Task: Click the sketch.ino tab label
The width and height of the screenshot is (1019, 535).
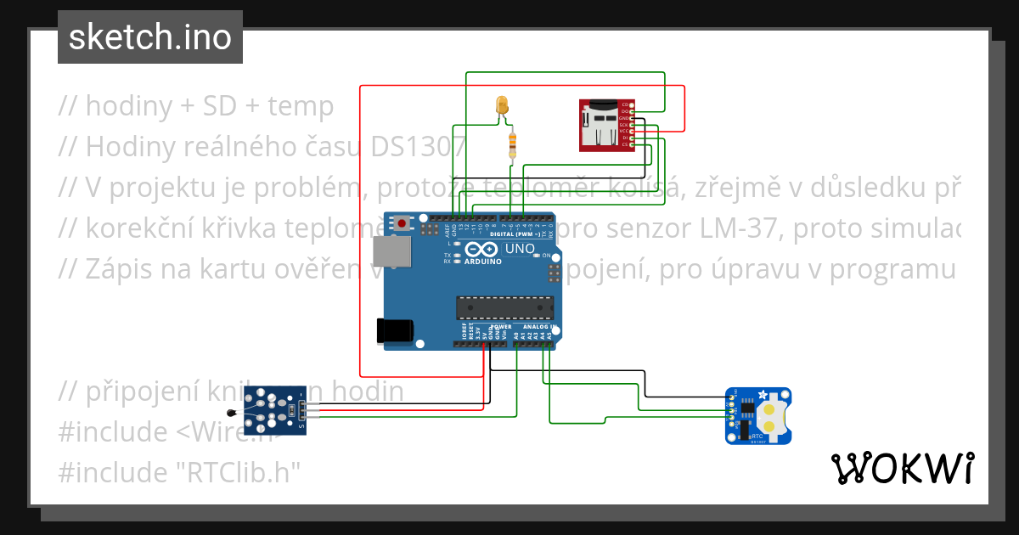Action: coord(149,37)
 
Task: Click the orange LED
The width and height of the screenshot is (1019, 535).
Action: coord(502,106)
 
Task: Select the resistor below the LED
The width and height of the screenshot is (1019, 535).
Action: coord(511,145)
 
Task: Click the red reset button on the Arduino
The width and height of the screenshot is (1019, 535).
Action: coord(401,223)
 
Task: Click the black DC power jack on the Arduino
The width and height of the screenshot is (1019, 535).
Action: coord(395,330)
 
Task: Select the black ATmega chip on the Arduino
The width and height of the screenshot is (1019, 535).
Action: coord(505,307)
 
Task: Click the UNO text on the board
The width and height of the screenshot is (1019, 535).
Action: coord(520,250)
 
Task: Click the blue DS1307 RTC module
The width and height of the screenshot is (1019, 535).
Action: coord(759,415)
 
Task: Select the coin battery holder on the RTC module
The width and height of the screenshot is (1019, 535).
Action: coord(770,415)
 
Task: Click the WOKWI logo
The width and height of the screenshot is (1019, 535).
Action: coord(902,468)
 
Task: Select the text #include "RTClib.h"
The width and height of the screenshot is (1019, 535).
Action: coord(180,472)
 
